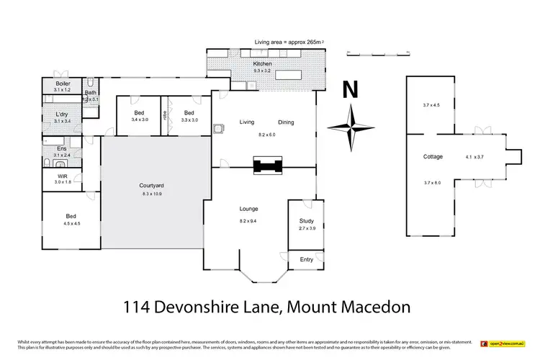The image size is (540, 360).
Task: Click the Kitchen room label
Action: (263, 64)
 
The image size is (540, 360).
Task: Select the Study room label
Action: (307, 221)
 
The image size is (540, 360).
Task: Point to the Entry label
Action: (307, 260)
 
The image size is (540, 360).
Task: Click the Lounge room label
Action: (249, 209)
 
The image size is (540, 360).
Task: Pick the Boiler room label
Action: (62, 84)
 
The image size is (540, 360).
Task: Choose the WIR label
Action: (62, 176)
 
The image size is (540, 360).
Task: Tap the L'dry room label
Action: (62, 114)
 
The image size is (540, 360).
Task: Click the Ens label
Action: (62, 148)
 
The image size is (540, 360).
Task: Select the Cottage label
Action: (433, 156)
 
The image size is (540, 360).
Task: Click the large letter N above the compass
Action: (350, 91)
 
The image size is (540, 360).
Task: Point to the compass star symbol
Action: (350, 128)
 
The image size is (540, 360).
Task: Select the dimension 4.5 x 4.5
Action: (71, 222)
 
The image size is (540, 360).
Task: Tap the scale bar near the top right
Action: (372, 52)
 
